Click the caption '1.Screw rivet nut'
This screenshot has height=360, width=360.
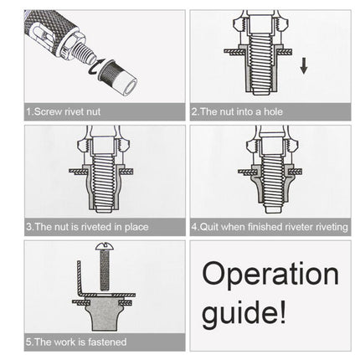click(63, 111)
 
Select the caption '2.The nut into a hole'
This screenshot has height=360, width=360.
click(238, 111)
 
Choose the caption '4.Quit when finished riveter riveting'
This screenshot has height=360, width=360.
click(268, 226)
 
